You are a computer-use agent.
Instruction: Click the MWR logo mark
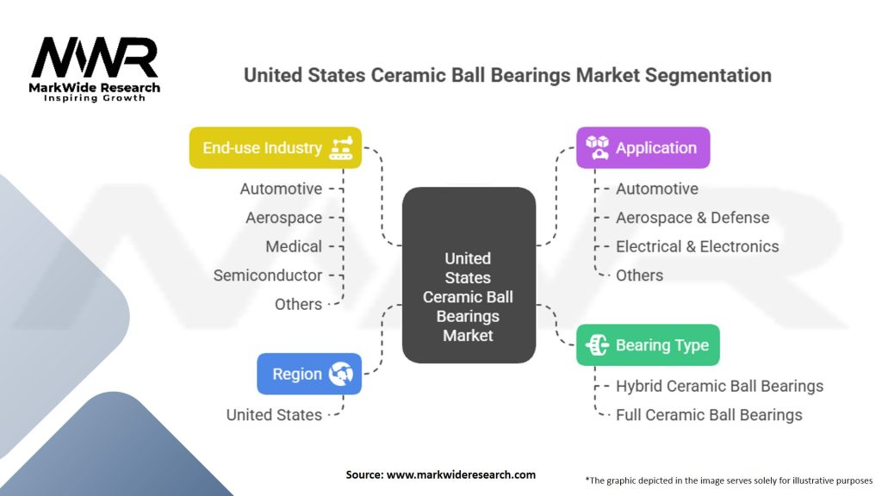95,59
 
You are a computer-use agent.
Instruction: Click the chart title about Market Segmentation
507,75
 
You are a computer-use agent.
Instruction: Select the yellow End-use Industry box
275,148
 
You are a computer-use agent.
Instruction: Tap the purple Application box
643,148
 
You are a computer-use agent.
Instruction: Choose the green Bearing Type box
648,345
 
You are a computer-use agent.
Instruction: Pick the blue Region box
309,374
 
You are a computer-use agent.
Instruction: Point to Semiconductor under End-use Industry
268,276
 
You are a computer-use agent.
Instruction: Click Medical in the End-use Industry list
294,246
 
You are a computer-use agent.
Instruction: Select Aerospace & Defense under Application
693,218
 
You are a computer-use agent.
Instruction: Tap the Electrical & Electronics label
697,246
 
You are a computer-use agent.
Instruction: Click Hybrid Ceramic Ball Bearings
719,386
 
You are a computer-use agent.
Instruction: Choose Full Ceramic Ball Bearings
709,415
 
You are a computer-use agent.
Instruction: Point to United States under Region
274,415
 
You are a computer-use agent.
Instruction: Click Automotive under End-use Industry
281,189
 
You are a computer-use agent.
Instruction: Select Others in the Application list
639,276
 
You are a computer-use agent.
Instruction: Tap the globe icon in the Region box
341,374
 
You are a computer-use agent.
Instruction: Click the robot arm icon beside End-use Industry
341,148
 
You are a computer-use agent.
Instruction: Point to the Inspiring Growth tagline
95,98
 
